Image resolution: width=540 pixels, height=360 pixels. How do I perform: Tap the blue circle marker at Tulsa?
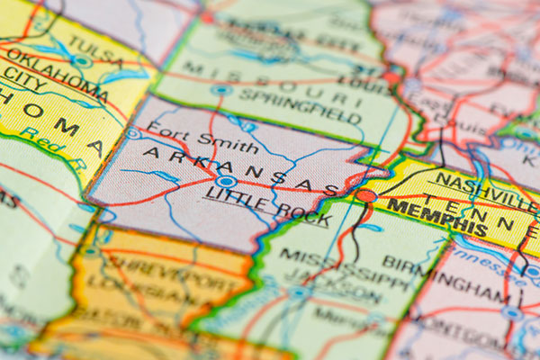pos(82,61)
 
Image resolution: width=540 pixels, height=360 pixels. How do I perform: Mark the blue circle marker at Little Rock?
pos(226,183)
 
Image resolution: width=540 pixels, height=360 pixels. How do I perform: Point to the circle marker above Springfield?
pos(220,89)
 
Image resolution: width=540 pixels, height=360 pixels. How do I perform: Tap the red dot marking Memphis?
pos(365,195)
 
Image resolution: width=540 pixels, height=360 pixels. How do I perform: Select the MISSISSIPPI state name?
pos(334,266)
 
